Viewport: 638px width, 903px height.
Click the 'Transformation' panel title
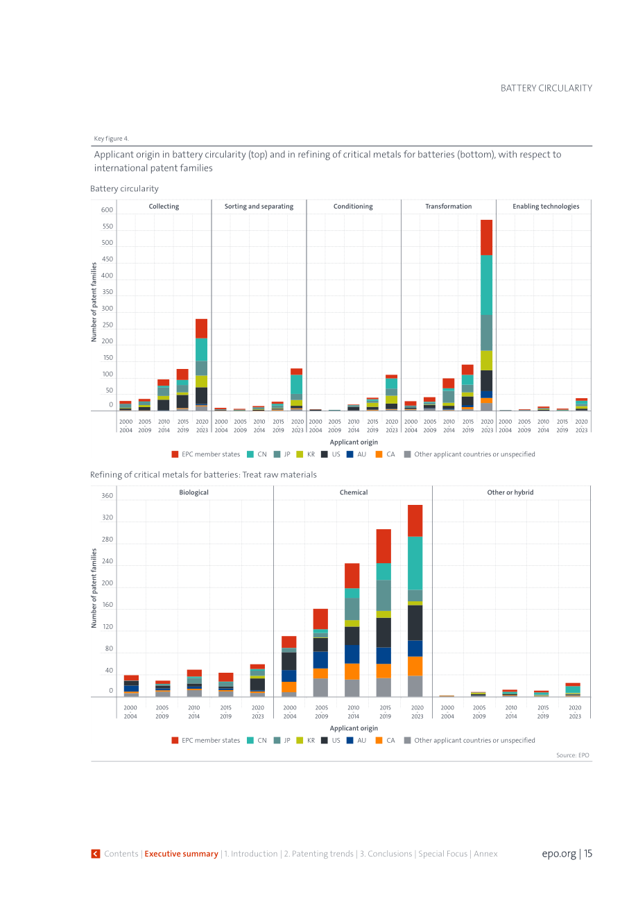pyautogui.click(x=448, y=207)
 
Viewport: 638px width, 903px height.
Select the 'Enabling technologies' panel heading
pyautogui.click(x=546, y=207)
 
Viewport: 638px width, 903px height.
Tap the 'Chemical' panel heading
pyautogui.click(x=354, y=492)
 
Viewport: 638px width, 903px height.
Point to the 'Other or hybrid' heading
pyautogui.click(x=510, y=492)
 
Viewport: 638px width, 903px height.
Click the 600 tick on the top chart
pyautogui.click(x=107, y=209)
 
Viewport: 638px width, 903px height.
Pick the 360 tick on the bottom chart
pyautogui.click(x=107, y=495)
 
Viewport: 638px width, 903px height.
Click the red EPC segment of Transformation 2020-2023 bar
pyautogui.click(x=486, y=237)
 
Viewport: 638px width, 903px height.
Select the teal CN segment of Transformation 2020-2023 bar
pyautogui.click(x=486, y=285)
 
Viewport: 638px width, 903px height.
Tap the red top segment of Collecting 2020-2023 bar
pyautogui.click(x=201, y=329)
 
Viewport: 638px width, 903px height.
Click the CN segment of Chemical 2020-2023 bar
pyautogui.click(x=415, y=563)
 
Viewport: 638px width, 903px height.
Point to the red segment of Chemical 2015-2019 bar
pyautogui.click(x=383, y=547)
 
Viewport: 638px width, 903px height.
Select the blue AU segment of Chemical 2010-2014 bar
pyautogui.click(x=352, y=654)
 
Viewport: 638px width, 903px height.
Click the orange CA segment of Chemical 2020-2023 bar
pyautogui.click(x=415, y=666)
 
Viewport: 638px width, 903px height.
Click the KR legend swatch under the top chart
pyautogui.click(x=300, y=454)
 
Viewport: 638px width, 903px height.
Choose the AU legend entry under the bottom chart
pyautogui.click(x=356, y=740)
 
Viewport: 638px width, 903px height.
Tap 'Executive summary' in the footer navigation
pyautogui.click(x=181, y=854)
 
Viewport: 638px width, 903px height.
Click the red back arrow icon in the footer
pyautogui.click(x=96, y=854)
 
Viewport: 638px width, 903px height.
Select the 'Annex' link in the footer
pyautogui.click(x=485, y=854)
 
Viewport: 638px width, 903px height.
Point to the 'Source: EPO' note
pyautogui.click(x=572, y=755)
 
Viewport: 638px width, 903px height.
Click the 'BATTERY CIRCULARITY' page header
pyautogui.click(x=546, y=88)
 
